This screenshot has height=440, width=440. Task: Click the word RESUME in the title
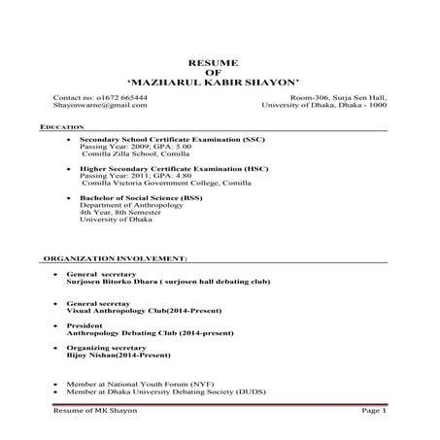220,61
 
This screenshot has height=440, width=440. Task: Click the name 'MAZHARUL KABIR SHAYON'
220,83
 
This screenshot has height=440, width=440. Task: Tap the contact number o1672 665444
101,98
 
